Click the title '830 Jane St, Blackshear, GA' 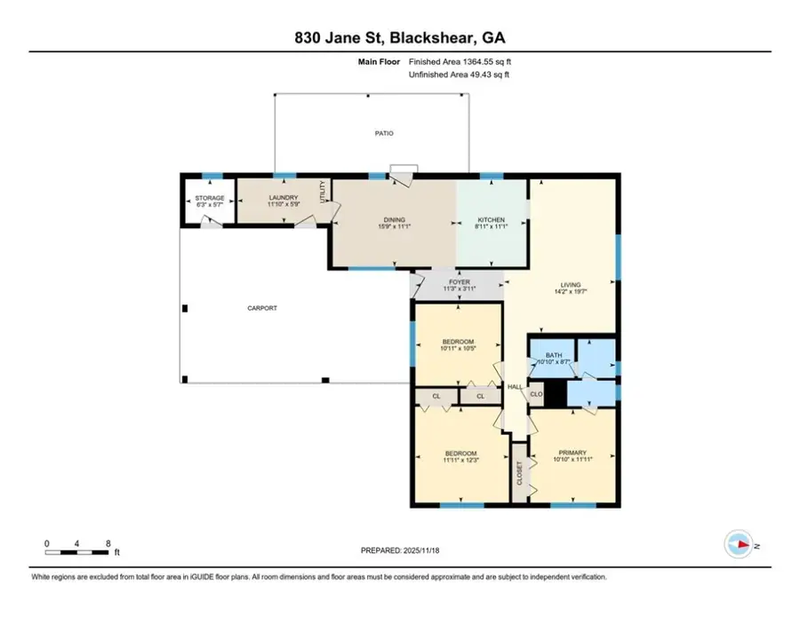[x=399, y=37]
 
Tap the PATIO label [x=382, y=133]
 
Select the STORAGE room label [x=210, y=198]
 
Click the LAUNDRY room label [x=284, y=198]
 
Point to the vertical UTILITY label [x=324, y=191]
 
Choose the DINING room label [x=395, y=219]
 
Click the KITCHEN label [x=491, y=219]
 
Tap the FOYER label [x=459, y=282]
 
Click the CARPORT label [x=262, y=308]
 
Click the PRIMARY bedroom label [x=572, y=450]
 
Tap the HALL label [x=515, y=386]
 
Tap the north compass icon [x=737, y=543]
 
